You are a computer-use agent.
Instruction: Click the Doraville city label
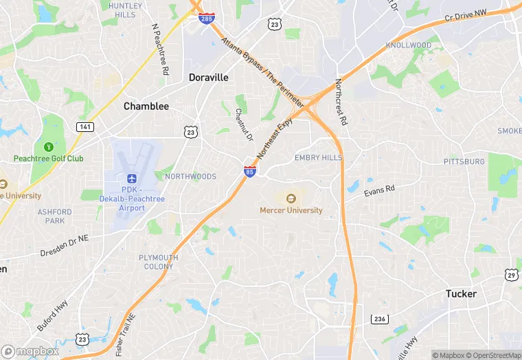[x=209, y=78]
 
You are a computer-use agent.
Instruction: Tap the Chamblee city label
[x=146, y=106]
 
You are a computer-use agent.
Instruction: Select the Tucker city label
[x=461, y=293]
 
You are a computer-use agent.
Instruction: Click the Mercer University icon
[x=291, y=199]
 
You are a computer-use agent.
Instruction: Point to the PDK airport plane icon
[x=132, y=179]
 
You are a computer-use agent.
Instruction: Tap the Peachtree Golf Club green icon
[x=49, y=147]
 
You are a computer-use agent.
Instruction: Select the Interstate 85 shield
[x=250, y=171]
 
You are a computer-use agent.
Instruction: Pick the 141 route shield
[x=85, y=127]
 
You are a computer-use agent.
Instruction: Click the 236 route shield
[x=379, y=319]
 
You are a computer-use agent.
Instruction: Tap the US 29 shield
[x=512, y=275]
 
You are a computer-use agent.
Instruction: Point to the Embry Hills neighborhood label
[x=318, y=157]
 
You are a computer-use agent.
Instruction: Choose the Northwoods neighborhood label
[x=190, y=177]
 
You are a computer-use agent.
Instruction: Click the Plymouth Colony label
[x=159, y=262]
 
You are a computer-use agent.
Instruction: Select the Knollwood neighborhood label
[x=408, y=45]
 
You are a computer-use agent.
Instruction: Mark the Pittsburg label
[x=464, y=161]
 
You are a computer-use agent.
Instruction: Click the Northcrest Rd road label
[x=341, y=102]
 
